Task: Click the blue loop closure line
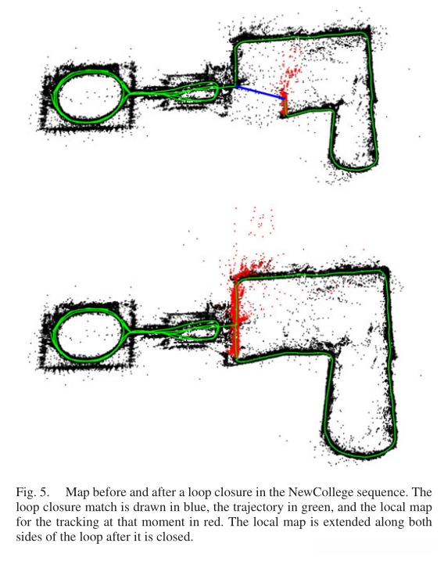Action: point(260,92)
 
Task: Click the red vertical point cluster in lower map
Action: point(235,315)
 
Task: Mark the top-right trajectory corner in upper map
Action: point(367,34)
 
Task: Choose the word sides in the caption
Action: point(30,537)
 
